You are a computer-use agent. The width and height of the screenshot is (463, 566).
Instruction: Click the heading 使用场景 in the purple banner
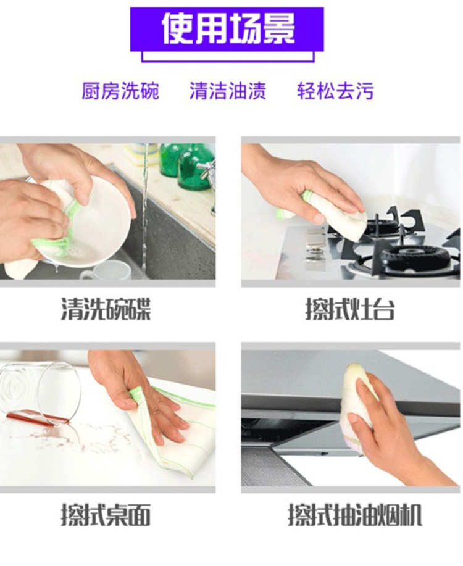(x=228, y=29)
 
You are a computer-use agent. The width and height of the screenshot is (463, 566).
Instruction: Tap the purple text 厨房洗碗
(x=120, y=91)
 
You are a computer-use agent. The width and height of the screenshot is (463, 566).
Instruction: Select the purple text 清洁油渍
(x=228, y=91)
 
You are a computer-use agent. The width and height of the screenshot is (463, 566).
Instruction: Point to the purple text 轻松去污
(x=335, y=91)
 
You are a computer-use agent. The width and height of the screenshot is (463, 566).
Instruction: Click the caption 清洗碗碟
(x=106, y=309)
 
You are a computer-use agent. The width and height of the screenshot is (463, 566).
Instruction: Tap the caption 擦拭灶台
(x=350, y=309)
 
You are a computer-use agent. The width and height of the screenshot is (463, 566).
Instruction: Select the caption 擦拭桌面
(x=106, y=515)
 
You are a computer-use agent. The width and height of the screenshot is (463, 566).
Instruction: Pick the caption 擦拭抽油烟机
(x=355, y=515)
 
